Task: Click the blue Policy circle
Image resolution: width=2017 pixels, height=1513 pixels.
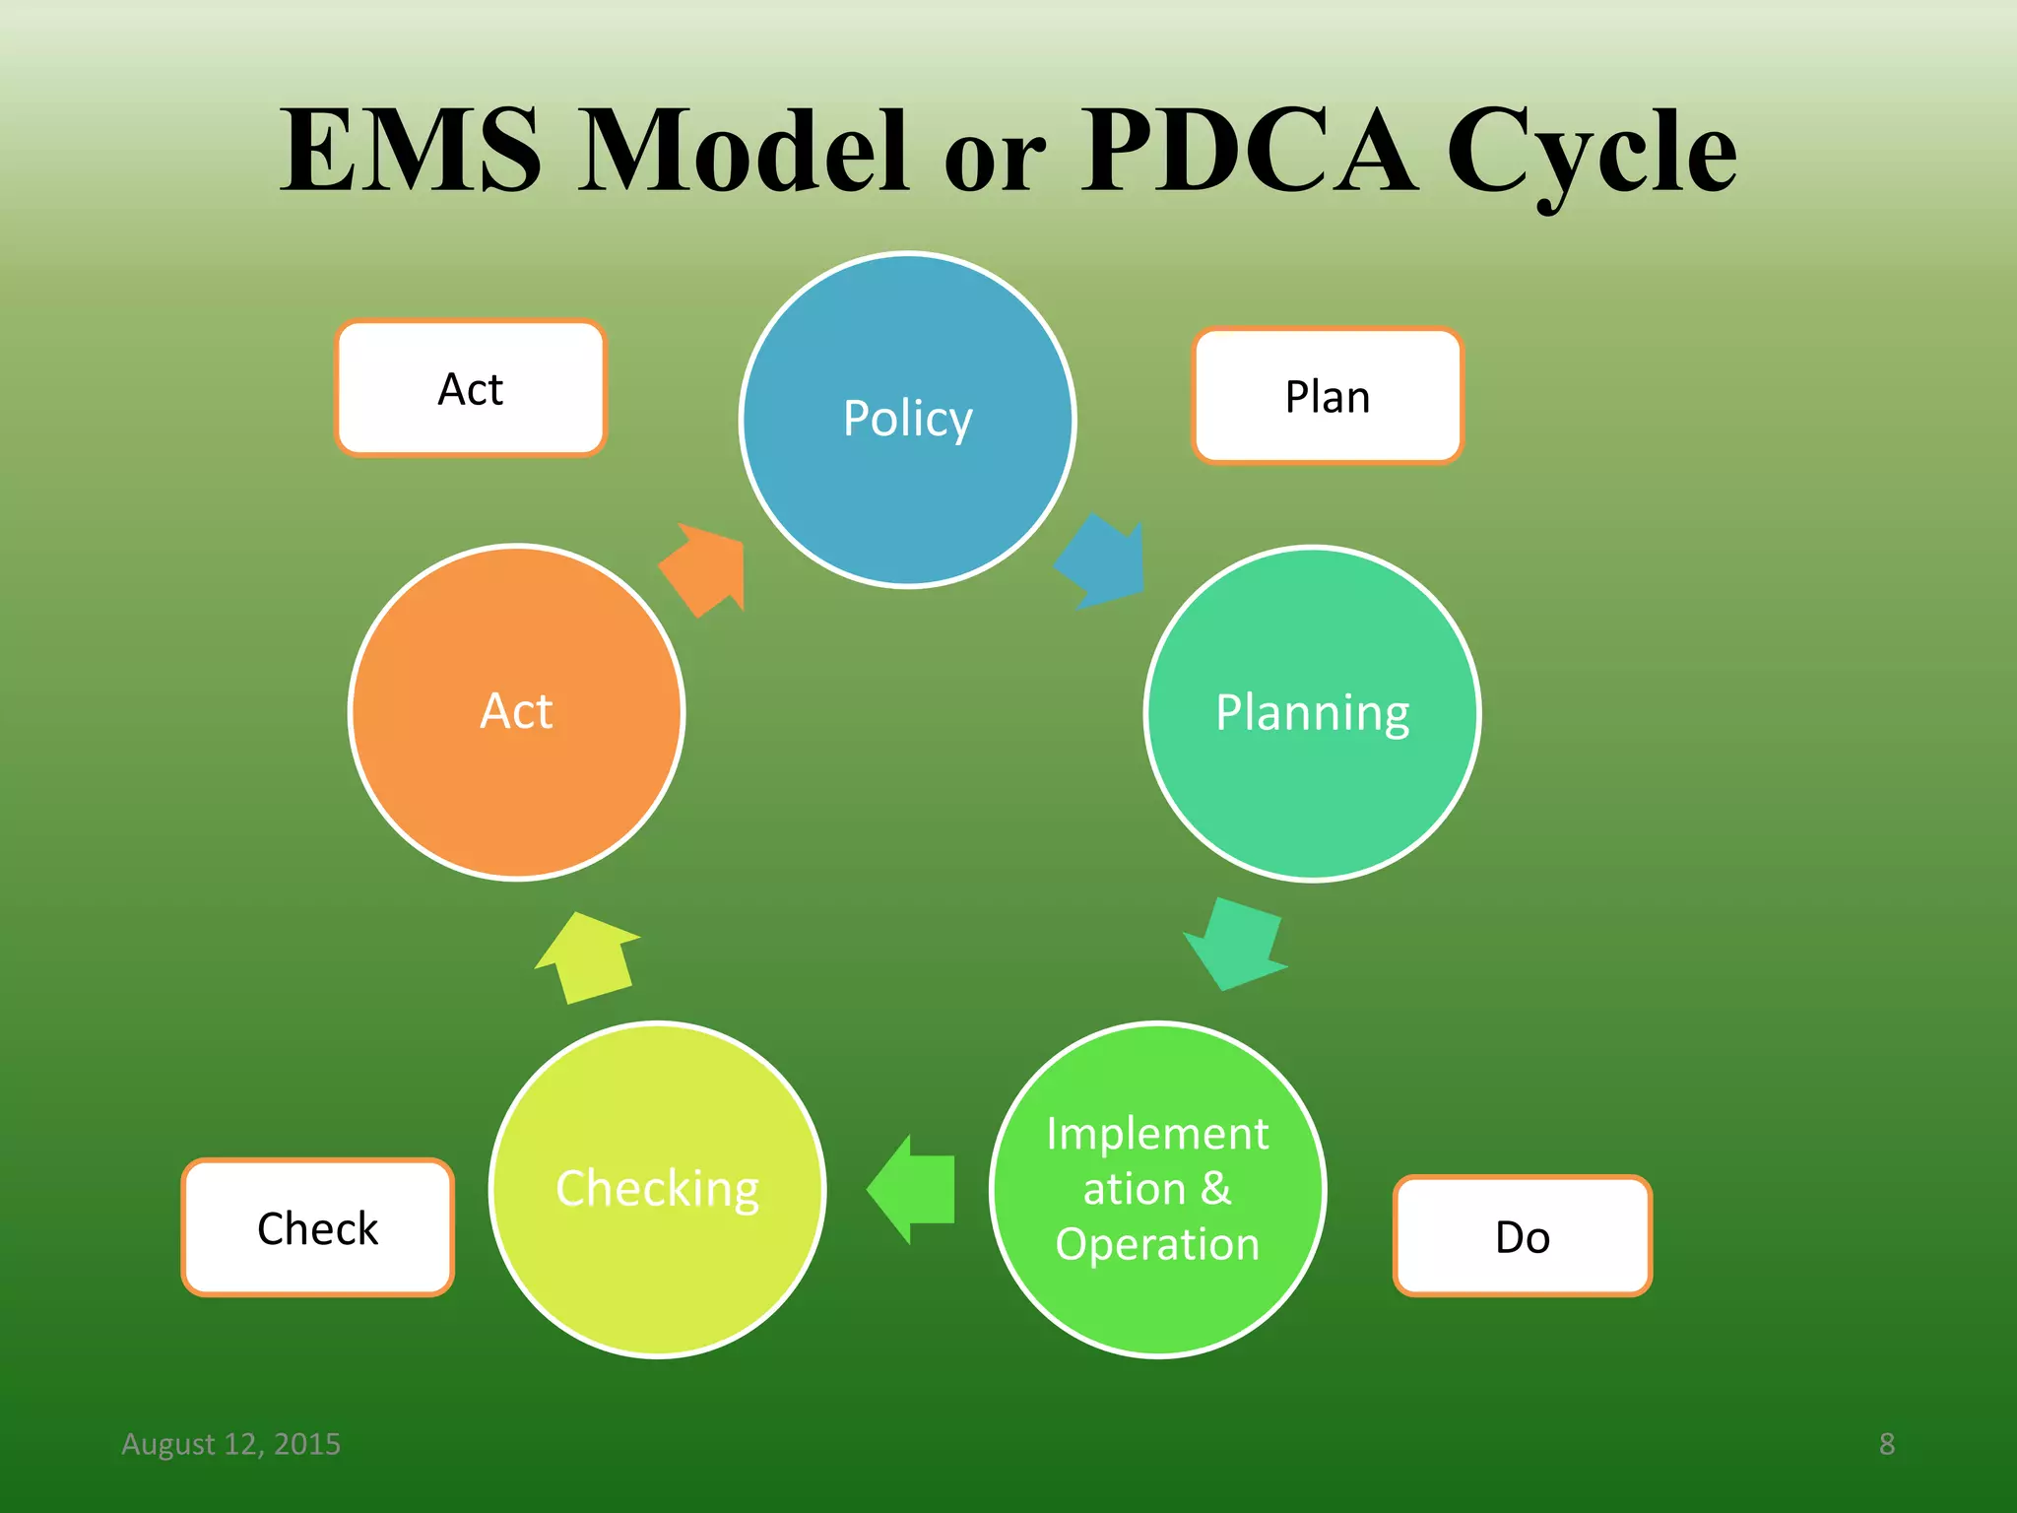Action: (907, 421)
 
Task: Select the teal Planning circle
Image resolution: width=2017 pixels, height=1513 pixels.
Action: (1312, 713)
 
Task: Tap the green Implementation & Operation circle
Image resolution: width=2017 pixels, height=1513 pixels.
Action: (1157, 1190)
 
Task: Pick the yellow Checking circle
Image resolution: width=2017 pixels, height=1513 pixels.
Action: (657, 1190)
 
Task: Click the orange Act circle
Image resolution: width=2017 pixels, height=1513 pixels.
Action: (516, 711)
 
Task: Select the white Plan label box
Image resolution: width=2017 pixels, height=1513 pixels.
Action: (1327, 396)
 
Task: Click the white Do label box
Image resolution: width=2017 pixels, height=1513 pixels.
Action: (1522, 1236)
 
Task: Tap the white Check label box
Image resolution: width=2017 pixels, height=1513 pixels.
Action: (317, 1227)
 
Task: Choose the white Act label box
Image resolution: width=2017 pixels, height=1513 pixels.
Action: (471, 388)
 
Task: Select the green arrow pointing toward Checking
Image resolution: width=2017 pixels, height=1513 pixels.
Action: (913, 1189)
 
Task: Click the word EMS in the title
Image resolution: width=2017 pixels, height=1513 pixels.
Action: (411, 150)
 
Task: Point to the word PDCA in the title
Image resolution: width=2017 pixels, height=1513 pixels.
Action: (1249, 150)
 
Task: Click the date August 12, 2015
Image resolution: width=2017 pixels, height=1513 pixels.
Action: (230, 1443)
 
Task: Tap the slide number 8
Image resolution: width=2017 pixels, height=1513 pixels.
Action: (1886, 1443)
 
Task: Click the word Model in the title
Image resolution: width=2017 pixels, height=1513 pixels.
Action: (743, 150)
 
